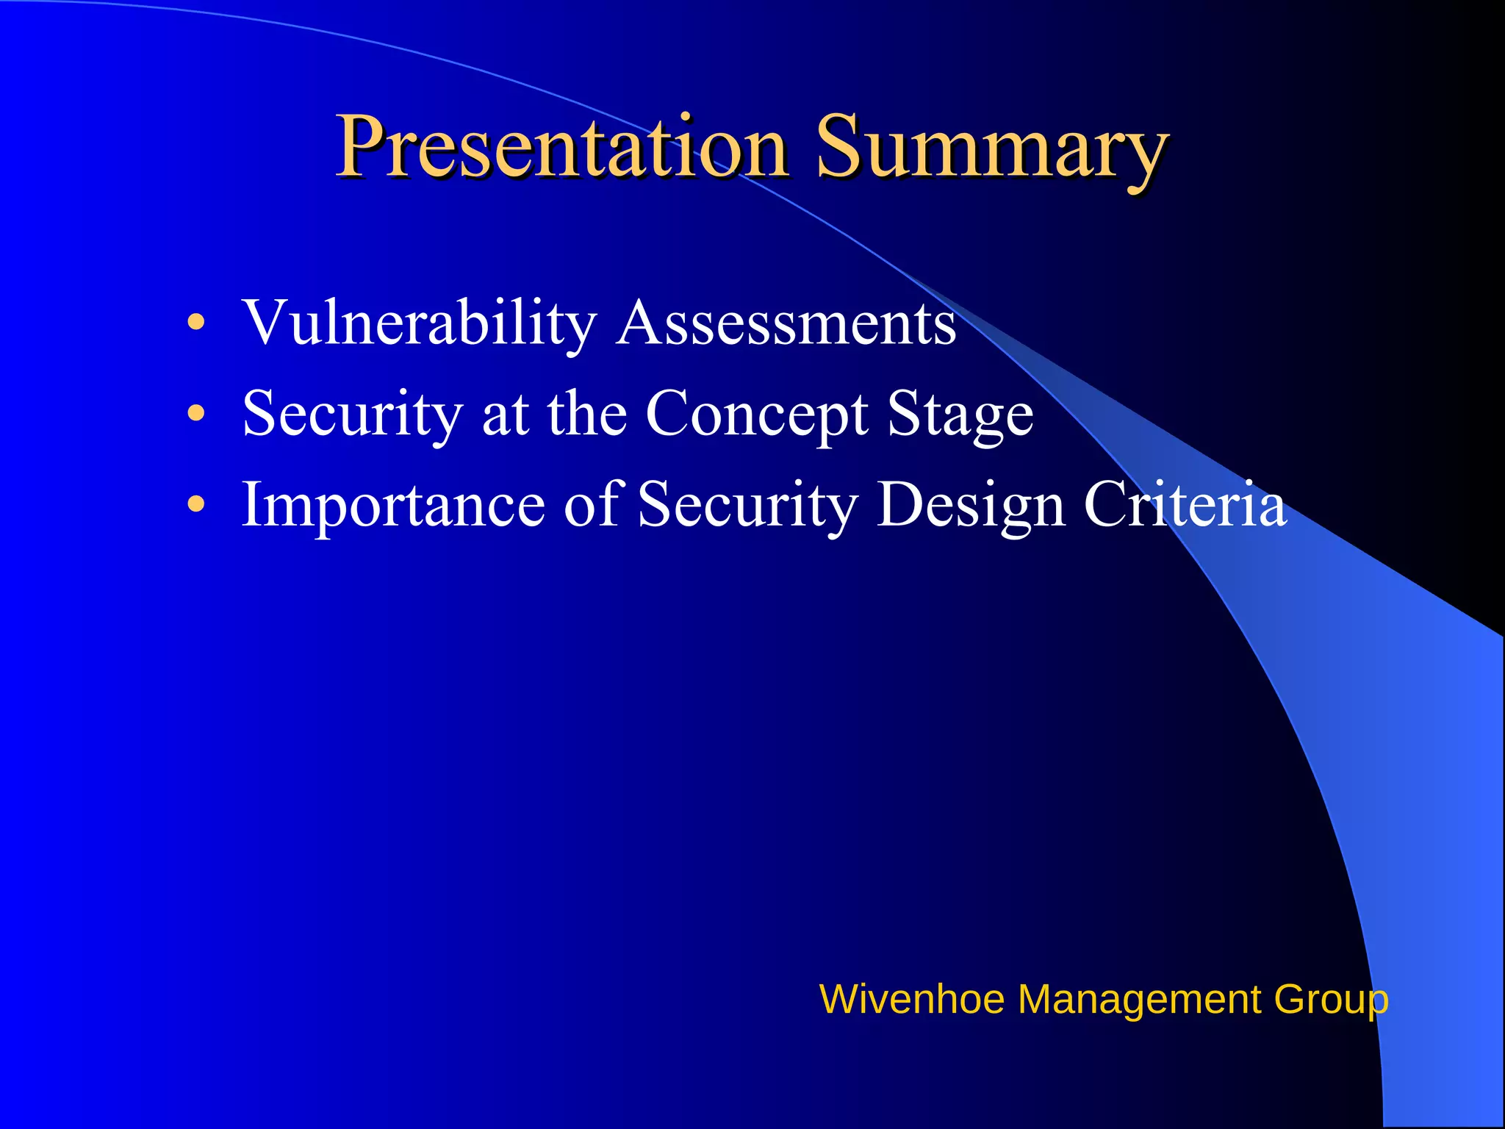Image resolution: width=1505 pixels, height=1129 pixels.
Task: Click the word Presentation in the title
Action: [562, 147]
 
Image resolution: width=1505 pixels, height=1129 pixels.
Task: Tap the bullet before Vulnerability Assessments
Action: [195, 322]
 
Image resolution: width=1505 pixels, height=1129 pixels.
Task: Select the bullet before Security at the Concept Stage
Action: [195, 413]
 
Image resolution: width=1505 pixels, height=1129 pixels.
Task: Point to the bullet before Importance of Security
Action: [195, 504]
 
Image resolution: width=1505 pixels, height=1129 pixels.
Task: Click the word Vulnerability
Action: [419, 323]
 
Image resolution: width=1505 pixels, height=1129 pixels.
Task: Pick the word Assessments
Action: [786, 323]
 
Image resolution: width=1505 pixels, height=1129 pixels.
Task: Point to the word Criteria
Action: [1185, 504]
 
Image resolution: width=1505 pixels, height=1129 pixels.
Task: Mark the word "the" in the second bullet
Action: [586, 414]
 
